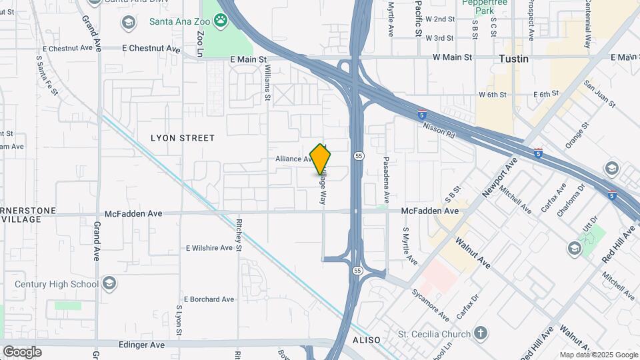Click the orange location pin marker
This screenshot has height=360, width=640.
tap(321, 159)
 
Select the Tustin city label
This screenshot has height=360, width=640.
tap(513, 59)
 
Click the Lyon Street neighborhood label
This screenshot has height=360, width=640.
tap(183, 138)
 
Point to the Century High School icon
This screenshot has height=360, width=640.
tap(109, 285)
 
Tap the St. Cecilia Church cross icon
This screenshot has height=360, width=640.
tap(481, 333)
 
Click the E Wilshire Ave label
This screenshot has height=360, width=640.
tap(210, 248)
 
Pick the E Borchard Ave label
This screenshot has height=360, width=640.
tap(209, 299)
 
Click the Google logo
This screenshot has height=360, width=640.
tap(22, 351)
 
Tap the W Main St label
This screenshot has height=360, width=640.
tap(452, 57)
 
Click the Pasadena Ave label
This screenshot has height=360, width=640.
tap(385, 180)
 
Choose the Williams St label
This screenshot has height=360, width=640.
tap(267, 83)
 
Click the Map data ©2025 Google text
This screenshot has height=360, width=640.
tap(598, 355)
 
